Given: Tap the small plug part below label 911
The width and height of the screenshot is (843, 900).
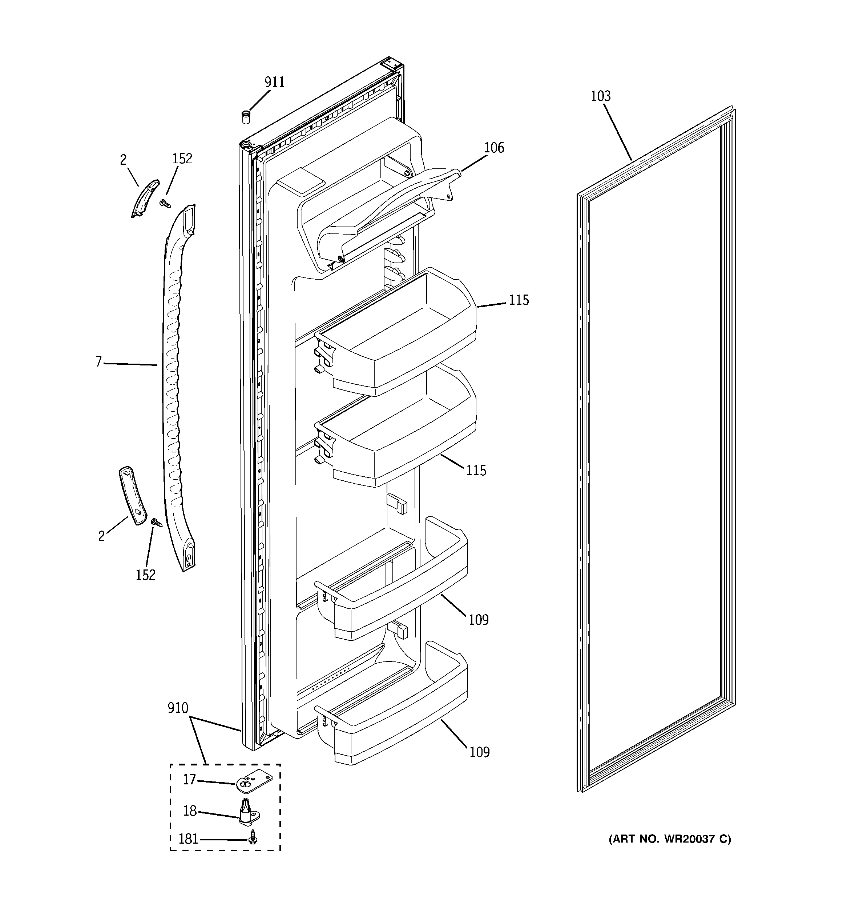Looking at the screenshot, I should (246, 117).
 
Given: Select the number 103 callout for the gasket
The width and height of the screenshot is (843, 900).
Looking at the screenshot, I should (601, 96).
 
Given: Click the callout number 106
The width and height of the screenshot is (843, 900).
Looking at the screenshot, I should (494, 148).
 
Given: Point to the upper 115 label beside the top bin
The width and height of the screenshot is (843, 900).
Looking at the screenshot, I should (518, 300).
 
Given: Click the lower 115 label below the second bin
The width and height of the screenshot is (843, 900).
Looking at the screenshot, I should (476, 471).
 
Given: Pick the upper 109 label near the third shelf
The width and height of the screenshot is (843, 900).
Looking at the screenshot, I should (478, 620).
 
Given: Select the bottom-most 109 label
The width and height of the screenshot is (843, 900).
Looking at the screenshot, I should (479, 752).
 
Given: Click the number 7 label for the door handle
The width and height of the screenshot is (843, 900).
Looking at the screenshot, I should (98, 362).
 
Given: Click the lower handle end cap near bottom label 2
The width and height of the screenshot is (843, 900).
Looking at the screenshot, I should (133, 496).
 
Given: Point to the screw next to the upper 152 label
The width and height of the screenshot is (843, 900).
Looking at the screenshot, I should (166, 204).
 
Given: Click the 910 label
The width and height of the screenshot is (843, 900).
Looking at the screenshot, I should (178, 708).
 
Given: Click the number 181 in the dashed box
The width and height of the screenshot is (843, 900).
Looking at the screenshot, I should (188, 839).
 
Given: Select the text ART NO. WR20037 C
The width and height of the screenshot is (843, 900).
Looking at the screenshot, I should (669, 839).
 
